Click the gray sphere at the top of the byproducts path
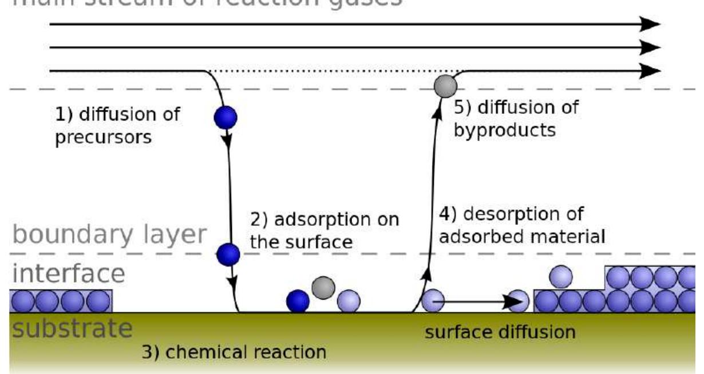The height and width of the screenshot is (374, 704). click(445, 86)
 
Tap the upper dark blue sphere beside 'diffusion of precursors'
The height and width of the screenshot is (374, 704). click(225, 117)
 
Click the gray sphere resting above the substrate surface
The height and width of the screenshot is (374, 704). click(323, 285)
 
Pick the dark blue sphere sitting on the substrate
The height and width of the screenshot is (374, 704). click(298, 301)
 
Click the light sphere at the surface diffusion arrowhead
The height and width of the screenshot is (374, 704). click(519, 300)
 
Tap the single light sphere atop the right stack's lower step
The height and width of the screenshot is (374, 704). click(561, 277)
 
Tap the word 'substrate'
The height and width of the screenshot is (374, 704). click(72, 329)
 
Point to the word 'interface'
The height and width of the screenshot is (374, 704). click(68, 274)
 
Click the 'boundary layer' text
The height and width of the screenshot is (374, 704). click(108, 235)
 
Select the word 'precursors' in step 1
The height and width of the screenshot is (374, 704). click(104, 139)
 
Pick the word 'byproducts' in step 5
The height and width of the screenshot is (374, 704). click(504, 130)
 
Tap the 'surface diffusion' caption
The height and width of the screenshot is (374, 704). click(500, 332)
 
